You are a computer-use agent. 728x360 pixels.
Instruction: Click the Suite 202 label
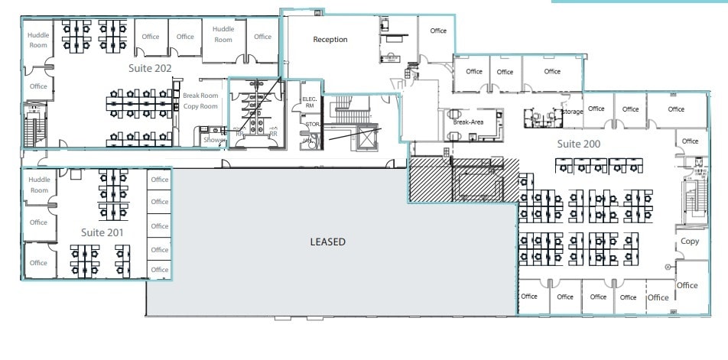[149, 69]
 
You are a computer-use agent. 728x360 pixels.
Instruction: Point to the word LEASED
[327, 242]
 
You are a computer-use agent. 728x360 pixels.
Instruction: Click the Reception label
[330, 40]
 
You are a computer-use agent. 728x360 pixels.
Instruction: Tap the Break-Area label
[468, 122]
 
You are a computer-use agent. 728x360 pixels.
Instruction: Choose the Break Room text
[200, 96]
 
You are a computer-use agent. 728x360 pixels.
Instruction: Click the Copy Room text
[200, 106]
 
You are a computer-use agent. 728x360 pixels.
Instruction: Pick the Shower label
[213, 141]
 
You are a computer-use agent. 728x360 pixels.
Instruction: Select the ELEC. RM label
[310, 103]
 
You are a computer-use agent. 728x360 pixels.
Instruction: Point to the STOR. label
[311, 124]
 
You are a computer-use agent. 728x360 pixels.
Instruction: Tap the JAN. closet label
[307, 141]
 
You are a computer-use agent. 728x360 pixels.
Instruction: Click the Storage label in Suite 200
[572, 112]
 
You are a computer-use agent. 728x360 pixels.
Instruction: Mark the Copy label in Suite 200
[689, 242]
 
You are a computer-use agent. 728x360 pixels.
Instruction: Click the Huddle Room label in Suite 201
[38, 185]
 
